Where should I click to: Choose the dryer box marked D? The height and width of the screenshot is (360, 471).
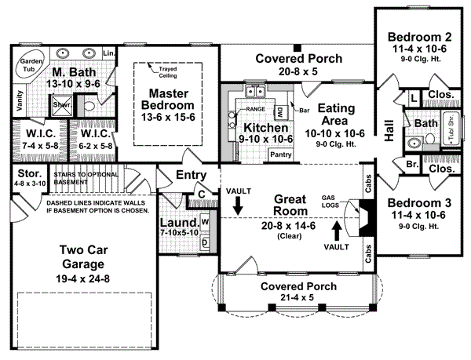click(205, 242)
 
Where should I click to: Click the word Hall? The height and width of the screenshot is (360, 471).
click(389, 130)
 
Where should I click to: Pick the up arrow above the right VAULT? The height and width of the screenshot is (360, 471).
click(337, 230)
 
